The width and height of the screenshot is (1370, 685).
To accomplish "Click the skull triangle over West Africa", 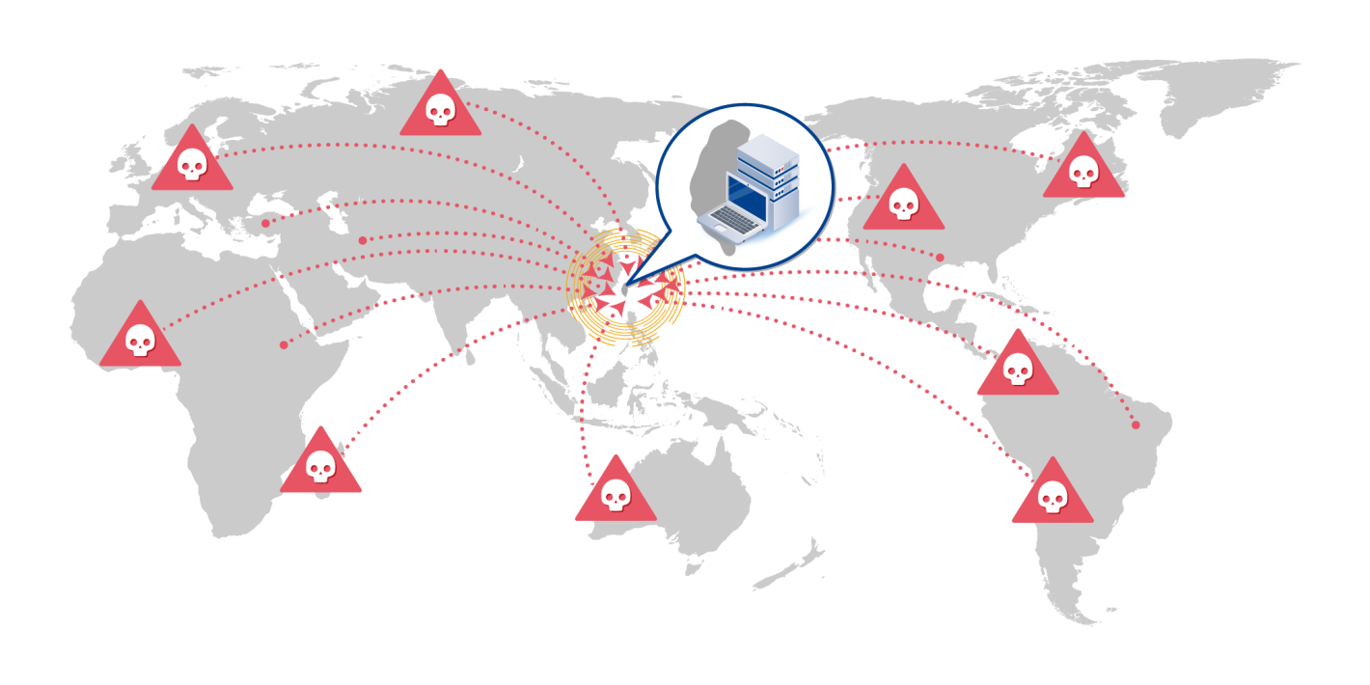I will coord(140,338).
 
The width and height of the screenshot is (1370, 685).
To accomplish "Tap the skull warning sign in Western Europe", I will coord(192,162).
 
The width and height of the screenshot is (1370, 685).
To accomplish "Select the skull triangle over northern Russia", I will coord(440,107).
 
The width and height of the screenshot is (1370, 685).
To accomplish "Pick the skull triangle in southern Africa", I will coord(321,464).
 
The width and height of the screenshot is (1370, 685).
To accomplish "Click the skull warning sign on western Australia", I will coord(616,493).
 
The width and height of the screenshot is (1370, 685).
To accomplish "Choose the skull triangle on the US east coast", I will coord(1083,170).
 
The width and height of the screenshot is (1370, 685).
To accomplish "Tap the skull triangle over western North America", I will coord(903,202).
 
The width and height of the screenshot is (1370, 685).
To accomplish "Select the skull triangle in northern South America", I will coord(1017,367).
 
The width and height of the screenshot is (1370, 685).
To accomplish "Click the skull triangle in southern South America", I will coord(1052,495).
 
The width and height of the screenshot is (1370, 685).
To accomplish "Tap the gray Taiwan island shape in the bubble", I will coord(719,164).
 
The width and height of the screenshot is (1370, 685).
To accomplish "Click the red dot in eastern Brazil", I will coord(1136,425).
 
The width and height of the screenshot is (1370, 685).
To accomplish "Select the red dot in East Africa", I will coord(284,344).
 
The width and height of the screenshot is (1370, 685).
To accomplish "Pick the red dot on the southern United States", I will coord(940,257).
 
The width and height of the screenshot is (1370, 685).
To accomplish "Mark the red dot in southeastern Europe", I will coord(265,223).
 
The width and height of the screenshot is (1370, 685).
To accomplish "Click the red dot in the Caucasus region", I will coord(363,240).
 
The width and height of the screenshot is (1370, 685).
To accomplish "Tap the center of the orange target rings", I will coord(626,288).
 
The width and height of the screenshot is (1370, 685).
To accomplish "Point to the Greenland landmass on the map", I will coord(1225,92).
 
